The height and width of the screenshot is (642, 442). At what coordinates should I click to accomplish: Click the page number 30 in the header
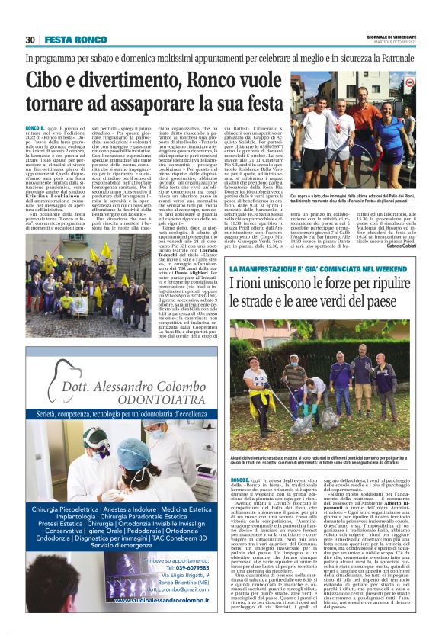(x=30, y=40)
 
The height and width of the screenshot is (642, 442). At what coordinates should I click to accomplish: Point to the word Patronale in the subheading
(x=392, y=58)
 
